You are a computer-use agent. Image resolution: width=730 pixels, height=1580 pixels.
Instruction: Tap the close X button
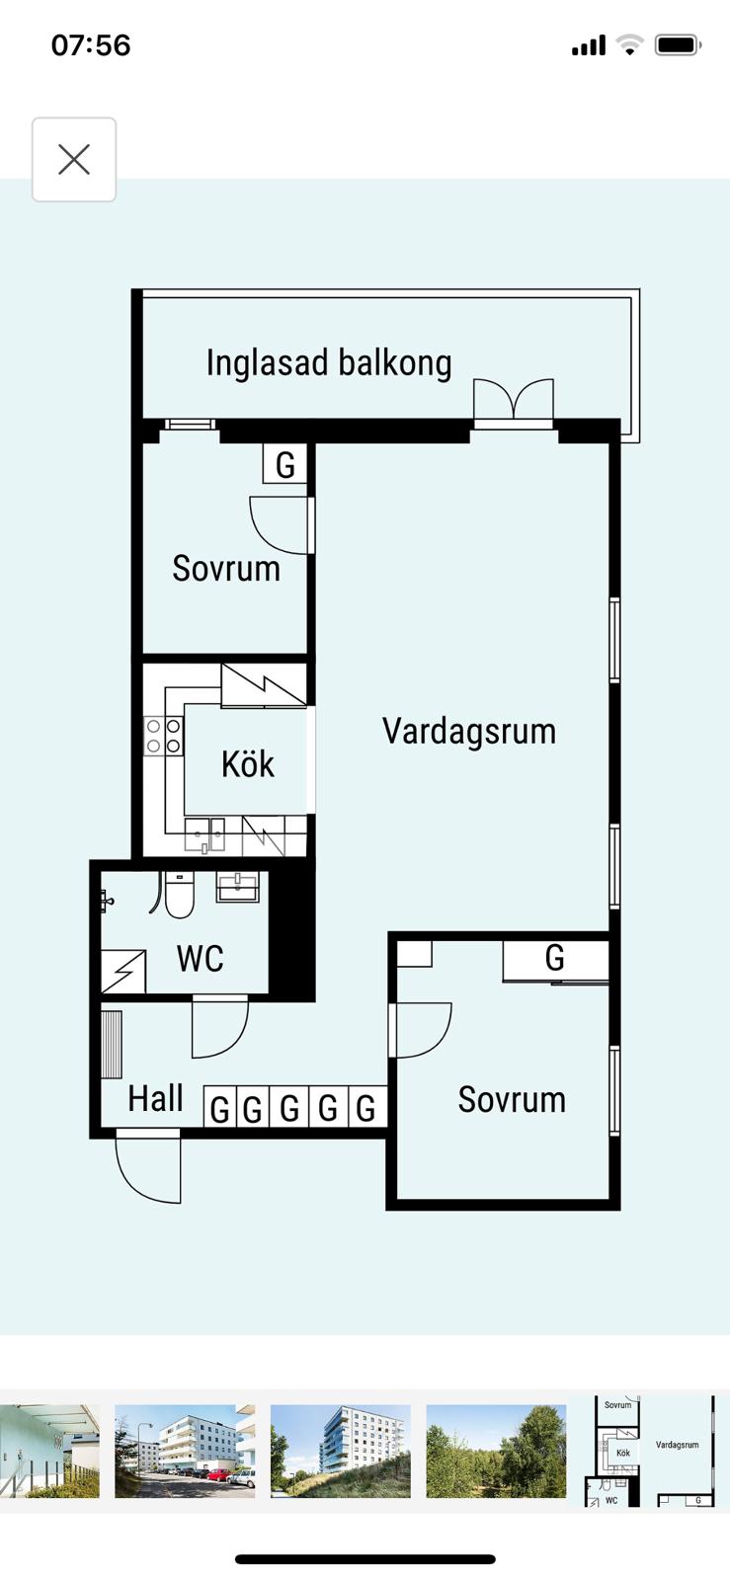(x=74, y=159)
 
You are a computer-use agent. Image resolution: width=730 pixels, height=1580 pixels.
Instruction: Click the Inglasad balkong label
(x=329, y=362)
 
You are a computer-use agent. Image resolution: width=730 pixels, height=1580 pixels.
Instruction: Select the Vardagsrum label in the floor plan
(x=469, y=731)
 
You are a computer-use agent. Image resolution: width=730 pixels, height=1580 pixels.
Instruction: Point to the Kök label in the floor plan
(x=248, y=763)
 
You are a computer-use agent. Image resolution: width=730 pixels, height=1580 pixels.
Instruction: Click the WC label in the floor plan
(x=201, y=958)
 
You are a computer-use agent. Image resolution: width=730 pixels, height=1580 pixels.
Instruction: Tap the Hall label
(x=155, y=1097)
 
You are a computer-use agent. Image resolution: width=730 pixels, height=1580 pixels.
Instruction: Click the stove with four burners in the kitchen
(x=164, y=736)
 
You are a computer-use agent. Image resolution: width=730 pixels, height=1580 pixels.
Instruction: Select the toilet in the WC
(x=179, y=895)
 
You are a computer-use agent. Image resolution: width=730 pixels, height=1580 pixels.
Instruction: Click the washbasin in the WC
(x=238, y=887)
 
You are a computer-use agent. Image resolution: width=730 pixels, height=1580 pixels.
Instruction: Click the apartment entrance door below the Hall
(x=148, y=1165)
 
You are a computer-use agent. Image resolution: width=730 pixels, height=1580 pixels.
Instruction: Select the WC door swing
(x=220, y=1026)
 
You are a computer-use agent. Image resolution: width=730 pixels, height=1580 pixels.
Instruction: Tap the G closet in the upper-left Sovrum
(x=284, y=464)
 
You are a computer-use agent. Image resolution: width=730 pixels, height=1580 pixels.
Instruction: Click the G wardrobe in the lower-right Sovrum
(x=555, y=959)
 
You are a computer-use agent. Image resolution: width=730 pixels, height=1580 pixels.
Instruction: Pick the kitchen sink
(x=205, y=835)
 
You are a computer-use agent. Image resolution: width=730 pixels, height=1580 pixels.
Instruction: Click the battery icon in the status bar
(x=678, y=45)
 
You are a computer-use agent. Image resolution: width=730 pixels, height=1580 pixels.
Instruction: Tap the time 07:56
(x=91, y=45)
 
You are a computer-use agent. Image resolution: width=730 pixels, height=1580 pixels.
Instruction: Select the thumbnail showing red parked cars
(x=185, y=1451)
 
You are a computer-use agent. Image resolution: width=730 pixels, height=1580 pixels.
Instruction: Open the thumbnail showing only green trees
(x=496, y=1451)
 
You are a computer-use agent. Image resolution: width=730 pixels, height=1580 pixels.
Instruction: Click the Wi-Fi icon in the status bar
(x=629, y=45)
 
